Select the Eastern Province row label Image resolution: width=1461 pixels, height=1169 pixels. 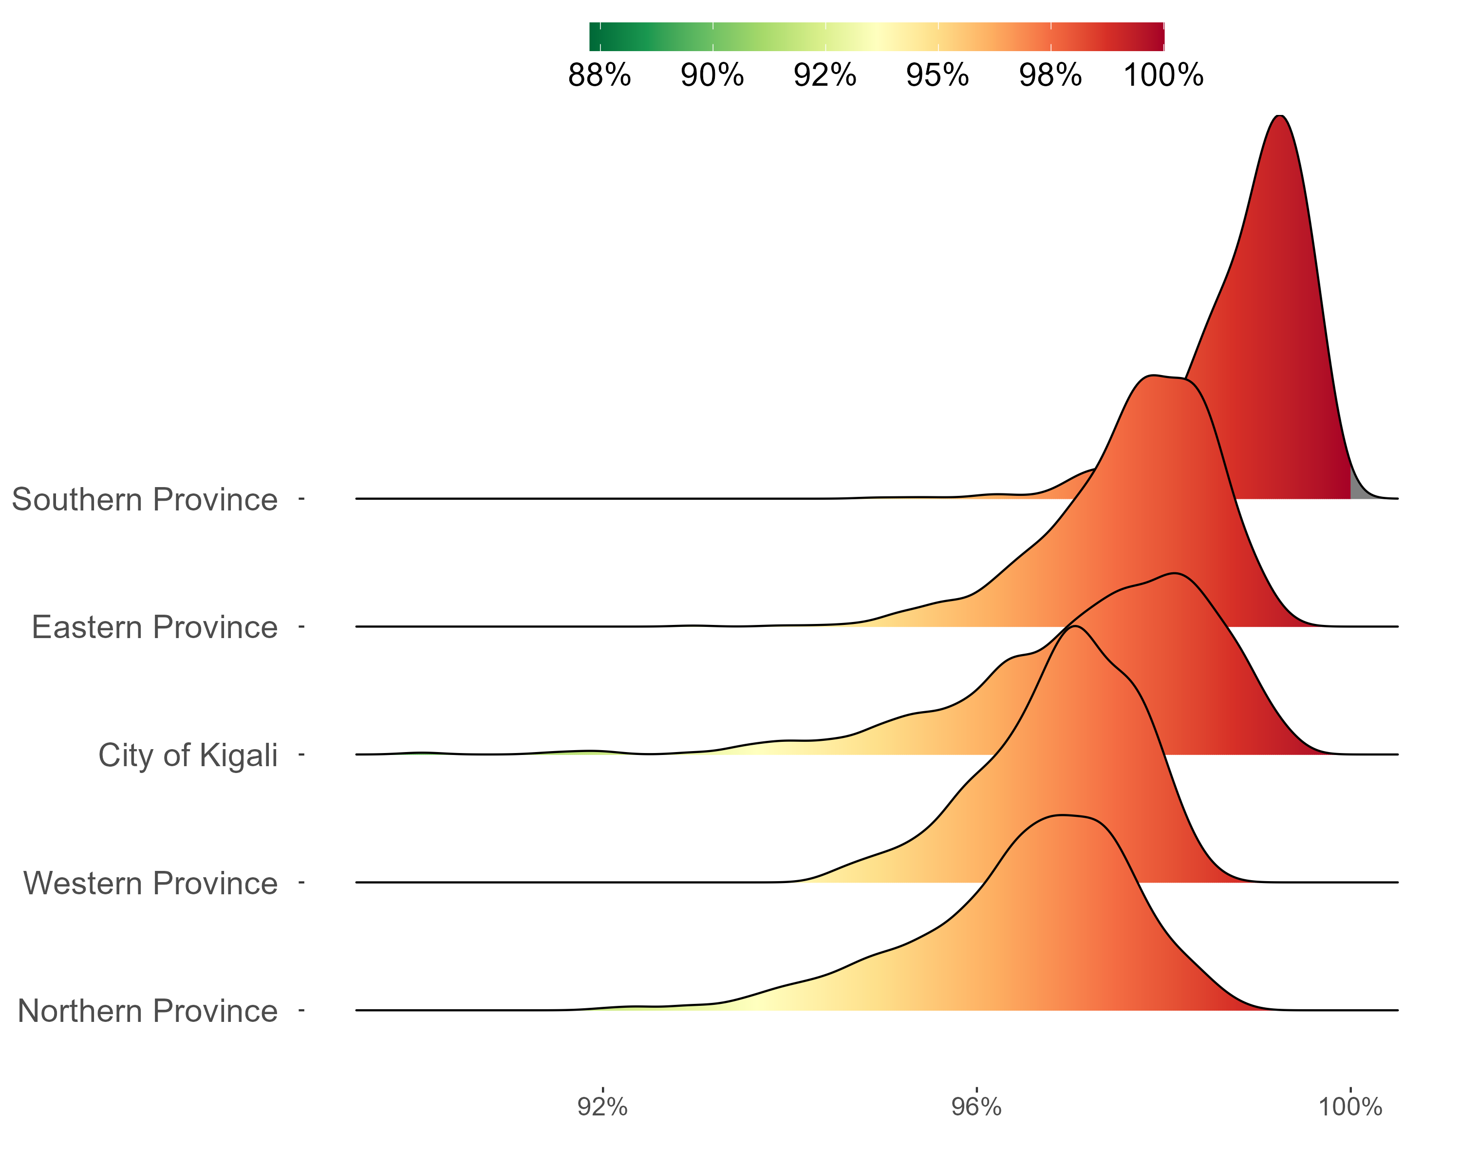click(x=154, y=627)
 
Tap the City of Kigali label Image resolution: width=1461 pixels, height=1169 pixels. click(x=187, y=755)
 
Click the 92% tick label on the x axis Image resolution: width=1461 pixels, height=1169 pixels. click(x=602, y=1107)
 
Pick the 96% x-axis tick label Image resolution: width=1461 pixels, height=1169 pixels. click(x=976, y=1107)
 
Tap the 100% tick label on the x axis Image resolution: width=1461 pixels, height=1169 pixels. click(x=1350, y=1107)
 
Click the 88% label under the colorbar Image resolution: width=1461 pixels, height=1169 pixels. click(x=599, y=75)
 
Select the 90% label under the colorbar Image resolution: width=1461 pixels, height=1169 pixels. click(x=712, y=75)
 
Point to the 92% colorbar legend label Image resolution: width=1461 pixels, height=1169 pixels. click(x=824, y=75)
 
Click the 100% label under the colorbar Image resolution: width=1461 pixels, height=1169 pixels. click(x=1163, y=75)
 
